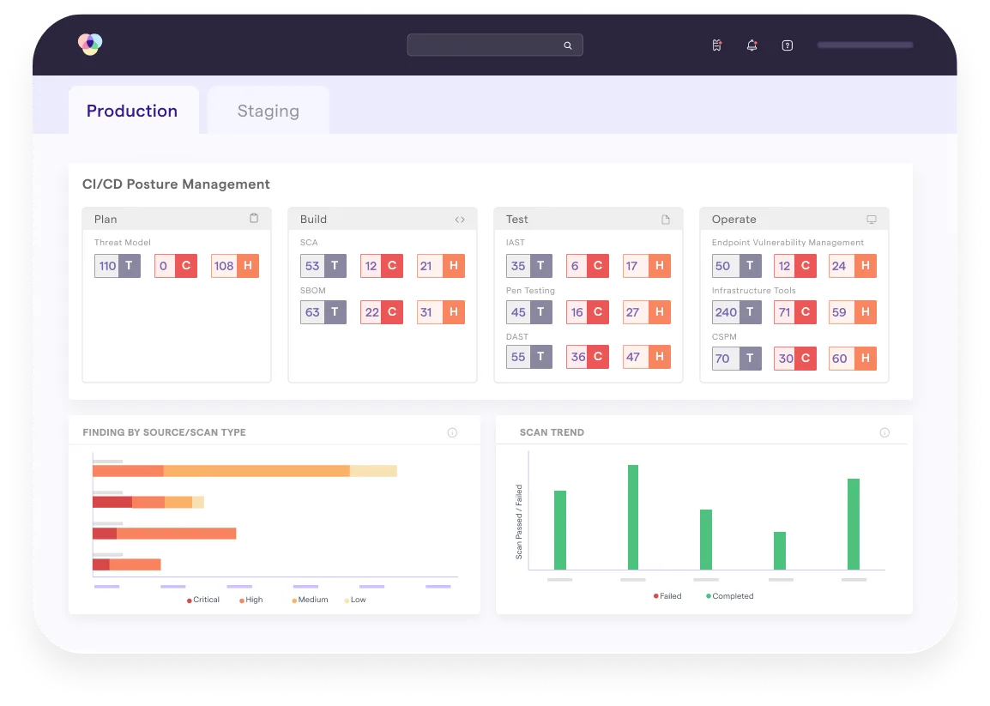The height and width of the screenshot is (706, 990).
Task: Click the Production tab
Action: (132, 111)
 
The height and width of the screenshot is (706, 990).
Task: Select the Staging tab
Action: (268, 111)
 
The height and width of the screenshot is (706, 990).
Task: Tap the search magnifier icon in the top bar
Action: (567, 45)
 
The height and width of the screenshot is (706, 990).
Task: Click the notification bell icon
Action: (752, 45)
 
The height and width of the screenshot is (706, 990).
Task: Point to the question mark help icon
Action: (787, 45)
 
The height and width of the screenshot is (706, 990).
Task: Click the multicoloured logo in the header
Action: (89, 44)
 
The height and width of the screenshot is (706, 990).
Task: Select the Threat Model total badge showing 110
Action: (118, 266)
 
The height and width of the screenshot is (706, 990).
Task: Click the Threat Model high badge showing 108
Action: (235, 266)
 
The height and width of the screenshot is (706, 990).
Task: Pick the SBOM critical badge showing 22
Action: (382, 312)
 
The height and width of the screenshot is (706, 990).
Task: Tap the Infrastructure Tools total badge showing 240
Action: (737, 312)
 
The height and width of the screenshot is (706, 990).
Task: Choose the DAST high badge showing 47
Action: (647, 357)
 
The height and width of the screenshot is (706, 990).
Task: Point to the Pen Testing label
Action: (530, 291)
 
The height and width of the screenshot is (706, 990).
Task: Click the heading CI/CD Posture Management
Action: (176, 184)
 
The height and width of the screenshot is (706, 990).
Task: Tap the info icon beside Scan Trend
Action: (884, 433)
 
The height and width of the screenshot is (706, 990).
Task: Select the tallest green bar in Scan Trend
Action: (633, 517)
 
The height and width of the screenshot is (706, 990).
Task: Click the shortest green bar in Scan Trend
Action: (779, 551)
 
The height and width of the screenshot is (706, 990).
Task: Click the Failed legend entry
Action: (667, 596)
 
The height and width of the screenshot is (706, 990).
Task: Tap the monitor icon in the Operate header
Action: (872, 220)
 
